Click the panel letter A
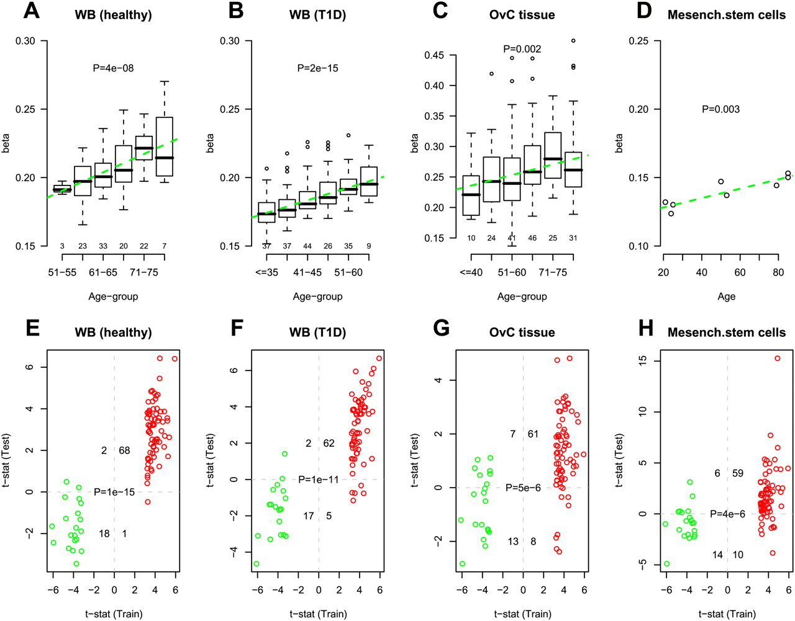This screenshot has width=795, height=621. tap(31, 11)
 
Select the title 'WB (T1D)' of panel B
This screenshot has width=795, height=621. tap(317, 14)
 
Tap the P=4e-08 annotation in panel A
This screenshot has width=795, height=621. tap(113, 68)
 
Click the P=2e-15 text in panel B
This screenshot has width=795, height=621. tap(317, 68)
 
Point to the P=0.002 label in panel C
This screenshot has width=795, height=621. tap(522, 49)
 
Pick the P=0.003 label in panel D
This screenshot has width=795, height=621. tap(720, 109)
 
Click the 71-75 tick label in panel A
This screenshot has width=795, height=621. tap(144, 272)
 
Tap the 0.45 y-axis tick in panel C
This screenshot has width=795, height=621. tap(434, 56)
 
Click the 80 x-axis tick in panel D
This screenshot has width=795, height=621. tap(778, 272)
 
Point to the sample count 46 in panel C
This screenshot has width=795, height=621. tap(532, 238)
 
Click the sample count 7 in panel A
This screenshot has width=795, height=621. tap(165, 246)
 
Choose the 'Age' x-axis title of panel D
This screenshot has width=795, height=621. tap(726, 297)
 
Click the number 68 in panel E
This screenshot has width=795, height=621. tap(124, 450)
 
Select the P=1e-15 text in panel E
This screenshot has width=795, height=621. tap(114, 492)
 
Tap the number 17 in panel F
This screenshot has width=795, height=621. tap(309, 516)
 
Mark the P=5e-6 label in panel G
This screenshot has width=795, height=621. tap(523, 488)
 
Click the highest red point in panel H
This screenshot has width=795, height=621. tap(777, 359)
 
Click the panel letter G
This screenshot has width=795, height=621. tap(441, 328)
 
